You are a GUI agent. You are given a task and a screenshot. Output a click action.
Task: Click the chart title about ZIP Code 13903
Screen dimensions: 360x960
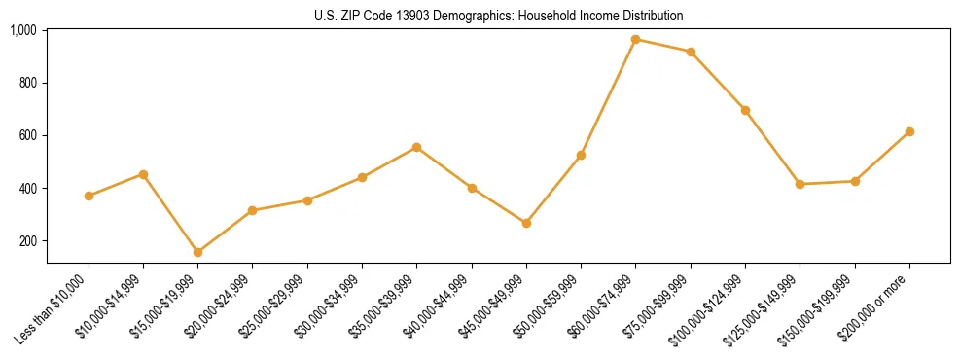[498, 16]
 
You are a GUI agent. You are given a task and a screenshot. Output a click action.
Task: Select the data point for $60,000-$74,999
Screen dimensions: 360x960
[635, 40]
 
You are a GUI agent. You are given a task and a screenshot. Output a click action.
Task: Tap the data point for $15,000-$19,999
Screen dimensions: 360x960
[198, 252]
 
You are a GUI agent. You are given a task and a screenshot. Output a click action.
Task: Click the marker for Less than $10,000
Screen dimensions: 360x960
[89, 196]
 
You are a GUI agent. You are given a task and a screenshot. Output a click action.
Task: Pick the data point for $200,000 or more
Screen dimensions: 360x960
[909, 131]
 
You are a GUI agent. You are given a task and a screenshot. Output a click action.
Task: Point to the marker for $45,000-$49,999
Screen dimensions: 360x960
[526, 223]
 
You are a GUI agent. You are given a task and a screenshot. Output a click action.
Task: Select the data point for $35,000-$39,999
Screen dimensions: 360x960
[417, 147]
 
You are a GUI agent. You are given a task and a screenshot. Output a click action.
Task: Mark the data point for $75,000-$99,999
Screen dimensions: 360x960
[691, 52]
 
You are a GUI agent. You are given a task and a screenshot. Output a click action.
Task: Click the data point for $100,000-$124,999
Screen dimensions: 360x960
[745, 110]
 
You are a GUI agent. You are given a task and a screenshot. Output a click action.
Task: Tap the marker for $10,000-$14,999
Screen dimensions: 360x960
[143, 174]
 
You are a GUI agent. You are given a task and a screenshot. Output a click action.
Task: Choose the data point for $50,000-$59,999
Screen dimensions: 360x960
[581, 155]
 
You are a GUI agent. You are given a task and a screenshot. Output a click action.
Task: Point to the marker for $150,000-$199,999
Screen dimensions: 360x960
[855, 181]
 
